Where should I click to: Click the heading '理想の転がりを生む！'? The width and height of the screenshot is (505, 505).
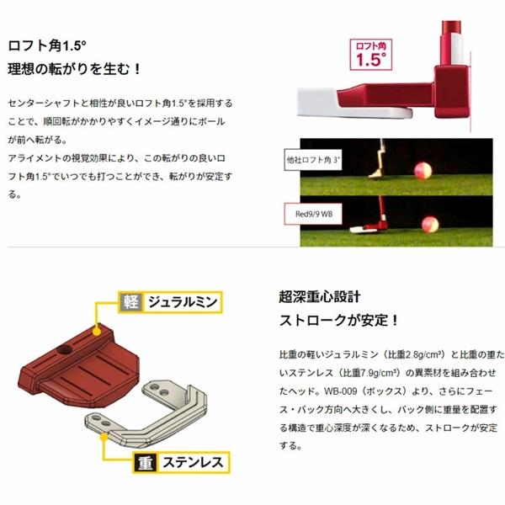point(73,66)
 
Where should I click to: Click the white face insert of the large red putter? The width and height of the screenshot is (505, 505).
point(319,104)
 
